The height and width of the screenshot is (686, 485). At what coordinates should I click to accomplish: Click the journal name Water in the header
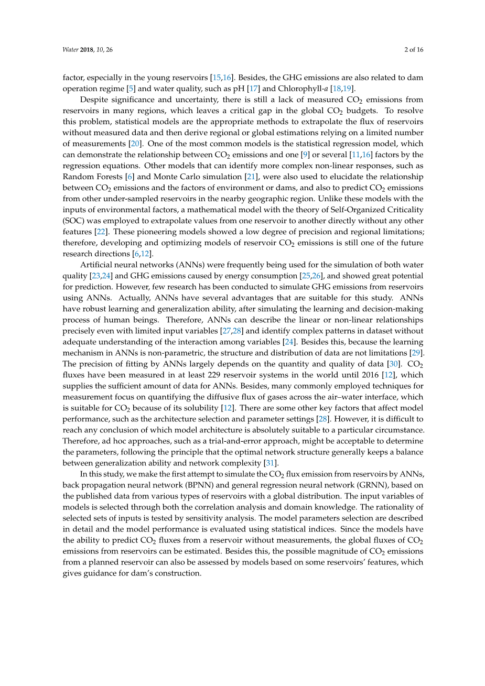[x=70, y=50]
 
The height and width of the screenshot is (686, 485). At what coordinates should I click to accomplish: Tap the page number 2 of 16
[x=414, y=50]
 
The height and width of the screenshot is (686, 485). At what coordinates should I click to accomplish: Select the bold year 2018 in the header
[x=87, y=50]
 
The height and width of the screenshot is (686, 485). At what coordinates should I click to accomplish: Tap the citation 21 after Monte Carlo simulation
[x=251, y=177]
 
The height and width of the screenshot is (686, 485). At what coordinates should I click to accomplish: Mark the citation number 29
[x=417, y=353]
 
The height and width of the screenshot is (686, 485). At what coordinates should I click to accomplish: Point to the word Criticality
[x=404, y=210]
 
